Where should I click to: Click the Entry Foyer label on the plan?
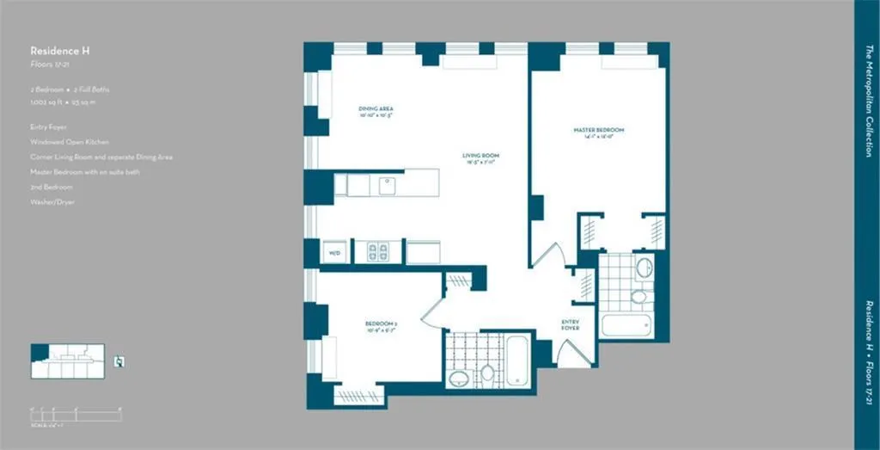click(571, 325)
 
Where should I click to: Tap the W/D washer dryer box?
click(335, 252)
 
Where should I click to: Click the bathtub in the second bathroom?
click(517, 360)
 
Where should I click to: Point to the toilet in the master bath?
click(639, 297)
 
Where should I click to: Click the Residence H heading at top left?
click(59, 52)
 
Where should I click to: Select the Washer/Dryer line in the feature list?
click(52, 200)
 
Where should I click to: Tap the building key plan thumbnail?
click(67, 360)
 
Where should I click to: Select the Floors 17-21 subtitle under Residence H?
click(47, 65)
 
